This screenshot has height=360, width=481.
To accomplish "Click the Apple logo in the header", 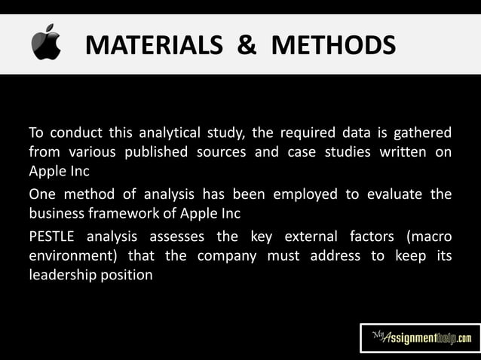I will pos(46,43).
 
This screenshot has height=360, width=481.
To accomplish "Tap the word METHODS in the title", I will pos(332,45).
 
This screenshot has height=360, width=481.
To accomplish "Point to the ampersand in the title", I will pos(248,45).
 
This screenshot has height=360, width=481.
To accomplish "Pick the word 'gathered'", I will pos(424,134).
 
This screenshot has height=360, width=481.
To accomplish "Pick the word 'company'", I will pos(231,256).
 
